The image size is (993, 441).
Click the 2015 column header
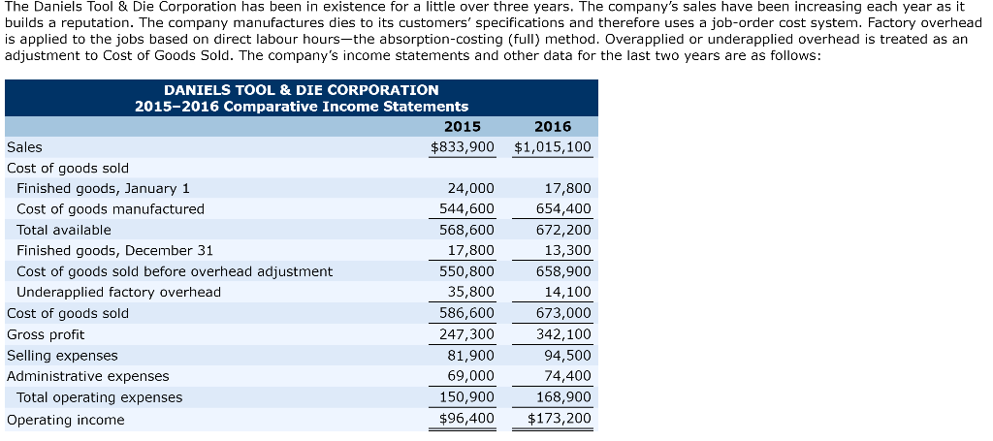coord(462,127)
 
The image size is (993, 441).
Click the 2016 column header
coord(553,127)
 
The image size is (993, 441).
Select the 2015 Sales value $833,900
coord(463,147)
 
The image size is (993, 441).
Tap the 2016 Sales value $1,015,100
coord(553,147)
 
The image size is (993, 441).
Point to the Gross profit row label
coord(46,334)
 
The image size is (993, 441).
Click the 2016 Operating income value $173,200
coord(560,419)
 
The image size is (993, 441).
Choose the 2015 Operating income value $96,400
coord(466,419)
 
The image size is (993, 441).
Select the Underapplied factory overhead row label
coord(118,292)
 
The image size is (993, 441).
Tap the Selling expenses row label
coord(62,356)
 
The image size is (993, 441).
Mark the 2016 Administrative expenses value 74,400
coord(567,376)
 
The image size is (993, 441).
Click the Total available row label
coord(64,230)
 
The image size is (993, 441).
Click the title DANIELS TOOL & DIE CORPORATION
coord(301,89)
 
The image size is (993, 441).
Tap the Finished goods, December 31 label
coord(114,250)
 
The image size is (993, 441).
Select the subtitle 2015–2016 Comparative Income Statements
coord(301,106)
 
